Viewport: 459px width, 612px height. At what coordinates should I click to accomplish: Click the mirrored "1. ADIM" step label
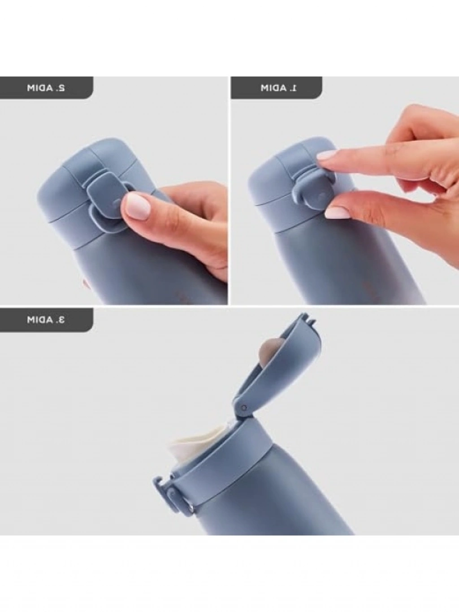coord(279,88)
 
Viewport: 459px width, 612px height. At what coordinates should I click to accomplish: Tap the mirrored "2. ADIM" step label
coord(46,88)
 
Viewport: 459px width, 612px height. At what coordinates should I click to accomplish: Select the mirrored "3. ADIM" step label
coord(46,320)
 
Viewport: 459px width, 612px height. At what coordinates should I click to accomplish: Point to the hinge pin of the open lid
coord(244,408)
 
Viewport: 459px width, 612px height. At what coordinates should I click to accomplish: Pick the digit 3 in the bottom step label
coord(61,320)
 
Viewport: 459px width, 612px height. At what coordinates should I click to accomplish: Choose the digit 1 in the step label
coord(294,88)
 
